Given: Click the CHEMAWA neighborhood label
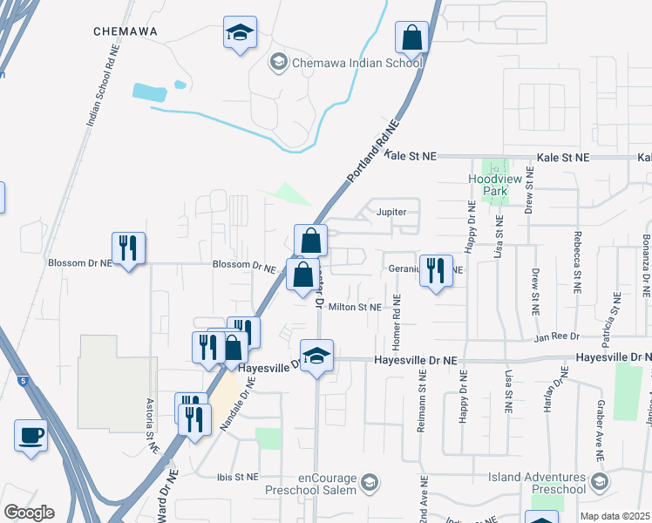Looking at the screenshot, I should (x=126, y=31).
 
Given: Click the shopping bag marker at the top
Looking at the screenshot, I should (x=411, y=38).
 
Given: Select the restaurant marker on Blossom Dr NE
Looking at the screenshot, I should (x=128, y=248).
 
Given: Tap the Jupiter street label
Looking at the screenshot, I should (x=391, y=212).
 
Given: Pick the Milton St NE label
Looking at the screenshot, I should (x=355, y=307).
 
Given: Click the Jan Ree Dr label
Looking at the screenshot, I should (x=557, y=337).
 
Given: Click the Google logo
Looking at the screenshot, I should (x=29, y=513).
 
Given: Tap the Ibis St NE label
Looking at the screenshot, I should (x=238, y=477).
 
